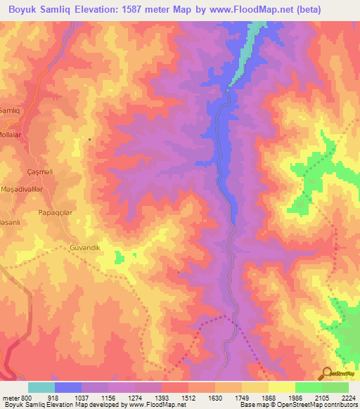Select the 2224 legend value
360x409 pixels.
(x=347, y=398)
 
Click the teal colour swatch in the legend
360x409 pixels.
(x=41, y=387)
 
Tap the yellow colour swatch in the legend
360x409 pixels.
(x=281, y=387)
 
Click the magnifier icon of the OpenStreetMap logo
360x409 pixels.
(x=326, y=373)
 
